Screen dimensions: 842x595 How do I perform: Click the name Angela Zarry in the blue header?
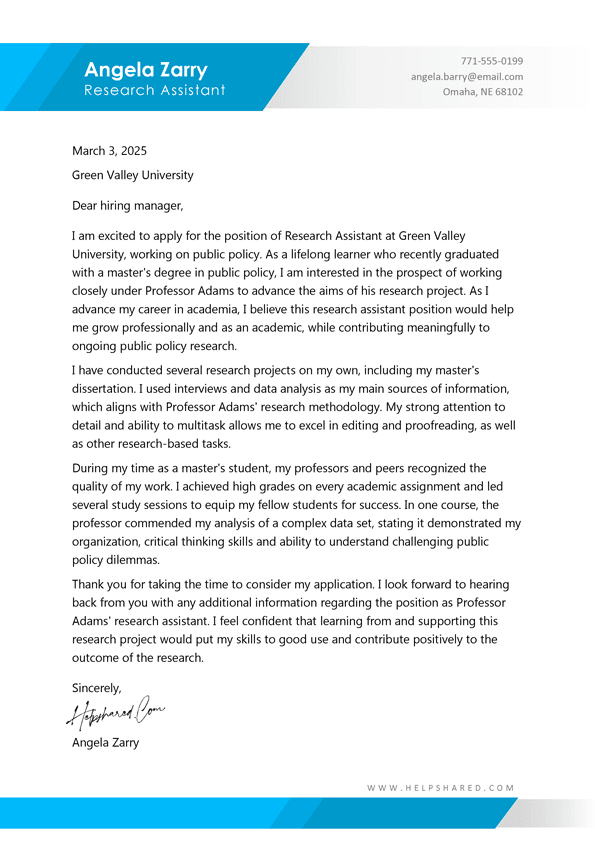coord(146,70)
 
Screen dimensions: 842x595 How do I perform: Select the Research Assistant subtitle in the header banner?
coord(155,91)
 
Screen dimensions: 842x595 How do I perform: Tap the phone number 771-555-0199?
coord(491,61)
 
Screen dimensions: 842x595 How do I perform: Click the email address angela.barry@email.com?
coord(466,77)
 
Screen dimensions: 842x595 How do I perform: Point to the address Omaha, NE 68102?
coord(482,93)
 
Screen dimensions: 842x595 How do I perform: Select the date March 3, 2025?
coord(109,151)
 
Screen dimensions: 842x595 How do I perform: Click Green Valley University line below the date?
coord(133,175)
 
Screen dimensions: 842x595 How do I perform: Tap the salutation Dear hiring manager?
coord(128,206)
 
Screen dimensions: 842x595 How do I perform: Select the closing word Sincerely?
coord(96,688)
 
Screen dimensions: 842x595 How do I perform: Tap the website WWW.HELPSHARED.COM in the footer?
coord(440,788)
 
